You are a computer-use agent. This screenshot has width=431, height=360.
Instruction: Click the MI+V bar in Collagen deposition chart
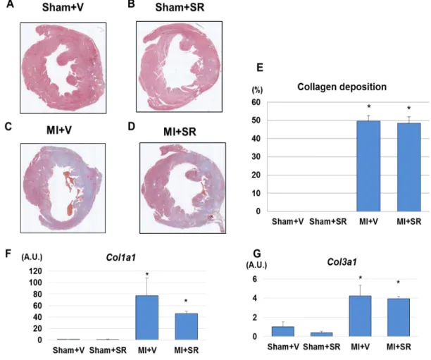pyautogui.click(x=368, y=166)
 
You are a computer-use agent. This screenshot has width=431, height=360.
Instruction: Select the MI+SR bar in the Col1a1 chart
pyautogui.click(x=187, y=326)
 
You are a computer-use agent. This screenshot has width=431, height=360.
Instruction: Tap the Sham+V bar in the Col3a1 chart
pyautogui.click(x=283, y=331)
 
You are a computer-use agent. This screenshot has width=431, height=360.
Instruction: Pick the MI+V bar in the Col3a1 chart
pyautogui.click(x=360, y=316)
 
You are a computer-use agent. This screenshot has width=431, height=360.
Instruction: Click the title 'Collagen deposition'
pyautogui.click(x=342, y=87)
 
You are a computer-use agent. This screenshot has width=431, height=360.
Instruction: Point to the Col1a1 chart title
pyautogui.click(x=120, y=257)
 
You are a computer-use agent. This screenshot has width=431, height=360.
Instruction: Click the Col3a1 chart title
pyautogui.click(x=342, y=262)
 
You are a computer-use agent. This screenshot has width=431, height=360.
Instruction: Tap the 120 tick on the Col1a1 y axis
pyautogui.click(x=35, y=271)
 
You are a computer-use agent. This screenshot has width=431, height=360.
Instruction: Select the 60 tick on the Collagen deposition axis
pyautogui.click(x=256, y=102)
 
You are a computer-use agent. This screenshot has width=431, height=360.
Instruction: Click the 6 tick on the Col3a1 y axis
pyautogui.click(x=254, y=279)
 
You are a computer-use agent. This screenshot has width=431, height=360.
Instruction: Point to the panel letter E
pyautogui.click(x=260, y=68)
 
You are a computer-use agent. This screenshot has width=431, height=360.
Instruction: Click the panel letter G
pyautogui.click(x=257, y=254)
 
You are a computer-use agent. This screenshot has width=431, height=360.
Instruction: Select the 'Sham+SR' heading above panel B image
pyautogui.click(x=180, y=8)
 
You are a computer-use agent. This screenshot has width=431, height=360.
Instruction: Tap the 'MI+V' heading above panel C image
pyautogui.click(x=59, y=130)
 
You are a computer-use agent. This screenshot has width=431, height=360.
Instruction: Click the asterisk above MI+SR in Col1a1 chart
pyautogui.click(x=186, y=301)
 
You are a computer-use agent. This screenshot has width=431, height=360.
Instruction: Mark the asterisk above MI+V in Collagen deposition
pyautogui.click(x=369, y=106)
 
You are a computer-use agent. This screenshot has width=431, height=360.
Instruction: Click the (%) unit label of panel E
pyautogui.click(x=257, y=90)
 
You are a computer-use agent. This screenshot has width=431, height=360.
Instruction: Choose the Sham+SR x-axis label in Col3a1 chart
pyautogui.click(x=322, y=347)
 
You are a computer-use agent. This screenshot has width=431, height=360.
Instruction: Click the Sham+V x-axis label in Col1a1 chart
pyautogui.click(x=68, y=350)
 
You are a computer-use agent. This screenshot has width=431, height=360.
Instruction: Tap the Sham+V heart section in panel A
pyautogui.click(x=63, y=68)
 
